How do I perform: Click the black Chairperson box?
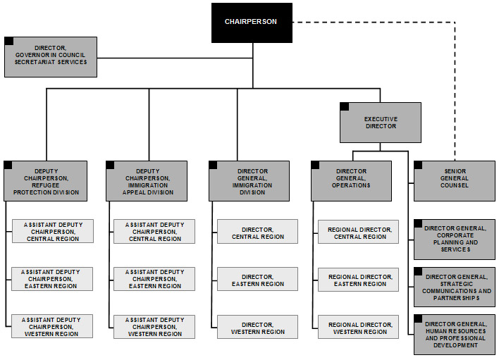(252, 22)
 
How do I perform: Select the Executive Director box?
(380, 123)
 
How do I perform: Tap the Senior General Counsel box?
(454, 180)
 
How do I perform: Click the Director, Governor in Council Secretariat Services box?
(51, 57)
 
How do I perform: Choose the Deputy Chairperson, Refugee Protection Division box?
(47, 181)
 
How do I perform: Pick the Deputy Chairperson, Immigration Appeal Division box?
(147, 181)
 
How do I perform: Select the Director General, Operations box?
(352, 181)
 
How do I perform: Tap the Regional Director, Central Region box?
(359, 232)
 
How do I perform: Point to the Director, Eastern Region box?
(257, 279)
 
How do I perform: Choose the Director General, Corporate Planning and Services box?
(455, 240)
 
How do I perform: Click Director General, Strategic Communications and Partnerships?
(455, 287)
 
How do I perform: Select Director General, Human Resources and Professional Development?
(455, 335)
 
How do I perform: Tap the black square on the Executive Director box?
(345, 106)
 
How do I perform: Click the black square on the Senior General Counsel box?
(418, 165)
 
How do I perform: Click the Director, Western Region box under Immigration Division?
(257, 327)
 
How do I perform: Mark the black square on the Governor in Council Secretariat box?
(8, 41)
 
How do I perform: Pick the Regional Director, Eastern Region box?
(359, 279)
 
